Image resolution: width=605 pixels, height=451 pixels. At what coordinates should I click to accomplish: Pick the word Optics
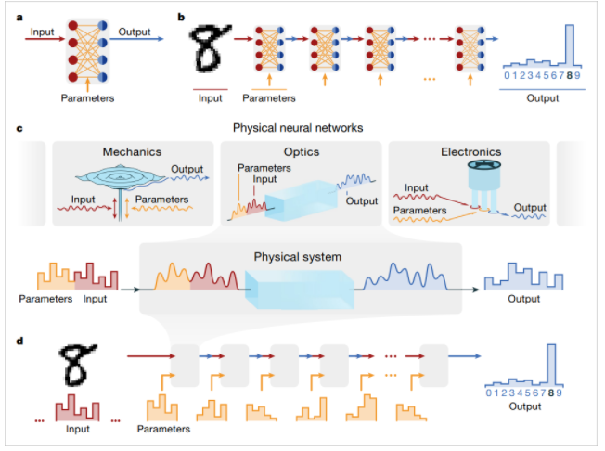pyautogui.click(x=302, y=151)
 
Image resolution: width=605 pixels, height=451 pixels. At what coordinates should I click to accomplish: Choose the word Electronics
pyautogui.click(x=470, y=151)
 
